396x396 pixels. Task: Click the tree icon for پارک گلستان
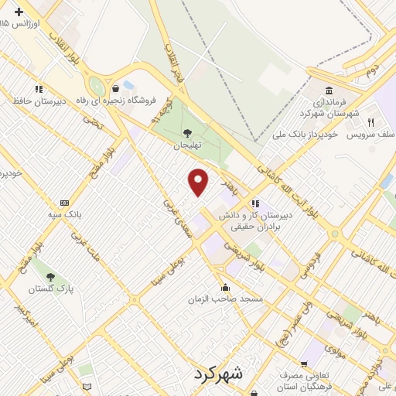[50, 276]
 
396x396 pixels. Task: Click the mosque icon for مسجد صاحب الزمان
[225, 286]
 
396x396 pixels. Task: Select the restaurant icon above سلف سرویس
[371, 122]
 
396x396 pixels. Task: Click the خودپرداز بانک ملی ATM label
[306, 135]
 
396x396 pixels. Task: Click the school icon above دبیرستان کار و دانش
[254, 203]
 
